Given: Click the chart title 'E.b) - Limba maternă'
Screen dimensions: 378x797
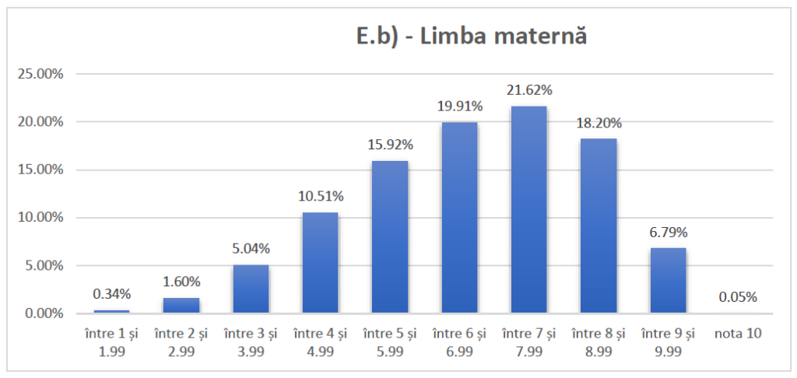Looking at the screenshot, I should tap(465, 37).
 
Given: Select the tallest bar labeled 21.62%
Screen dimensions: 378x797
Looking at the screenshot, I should tap(529, 210).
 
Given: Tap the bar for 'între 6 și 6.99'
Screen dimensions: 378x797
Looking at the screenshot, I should tap(459, 218).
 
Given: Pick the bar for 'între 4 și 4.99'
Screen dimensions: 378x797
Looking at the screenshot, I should tap(320, 263).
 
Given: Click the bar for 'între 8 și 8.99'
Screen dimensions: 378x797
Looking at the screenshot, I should tap(599, 226).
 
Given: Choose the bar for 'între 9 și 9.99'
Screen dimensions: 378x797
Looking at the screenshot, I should tap(668, 281).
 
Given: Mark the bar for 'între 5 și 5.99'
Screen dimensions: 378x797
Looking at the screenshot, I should tap(390, 237).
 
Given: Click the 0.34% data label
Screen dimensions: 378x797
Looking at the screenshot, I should tap(111, 294).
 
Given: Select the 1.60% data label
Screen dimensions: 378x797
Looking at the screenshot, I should tap(181, 282).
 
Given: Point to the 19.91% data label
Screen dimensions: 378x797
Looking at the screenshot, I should tap(459, 106).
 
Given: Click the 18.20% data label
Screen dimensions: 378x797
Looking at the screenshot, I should tap(599, 123).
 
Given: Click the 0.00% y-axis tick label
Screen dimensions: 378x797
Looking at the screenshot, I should tap(42, 313).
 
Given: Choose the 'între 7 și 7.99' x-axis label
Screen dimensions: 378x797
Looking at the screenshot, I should tap(529, 341).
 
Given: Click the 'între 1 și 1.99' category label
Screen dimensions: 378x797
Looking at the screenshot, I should tap(111, 341).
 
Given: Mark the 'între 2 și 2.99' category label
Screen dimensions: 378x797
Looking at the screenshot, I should tap(181, 341).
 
